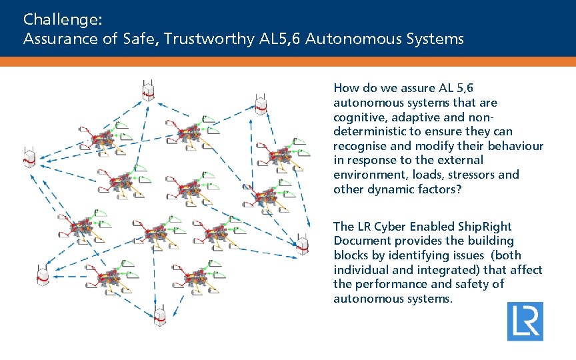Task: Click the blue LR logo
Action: tap(525, 321)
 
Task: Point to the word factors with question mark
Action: tap(441, 189)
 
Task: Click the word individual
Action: tap(362, 270)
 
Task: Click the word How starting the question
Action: tap(345, 88)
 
